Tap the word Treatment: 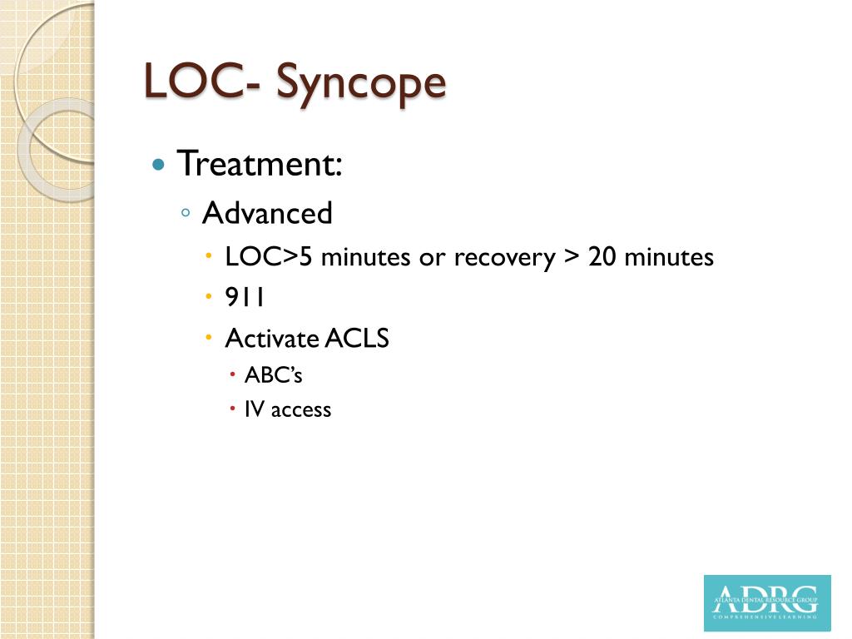pyautogui.click(x=260, y=163)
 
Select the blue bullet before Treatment pyautogui.click(x=159, y=164)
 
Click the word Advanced pyautogui.click(x=267, y=214)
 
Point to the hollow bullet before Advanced pyautogui.click(x=186, y=215)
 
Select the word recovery pyautogui.click(x=504, y=258)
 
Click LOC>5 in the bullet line pyautogui.click(x=270, y=257)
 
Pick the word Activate pyautogui.click(x=272, y=339)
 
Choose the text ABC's pyautogui.click(x=273, y=375)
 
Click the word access pyautogui.click(x=301, y=409)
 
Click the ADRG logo pyautogui.click(x=766, y=602)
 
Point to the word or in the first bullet pyautogui.click(x=433, y=258)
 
